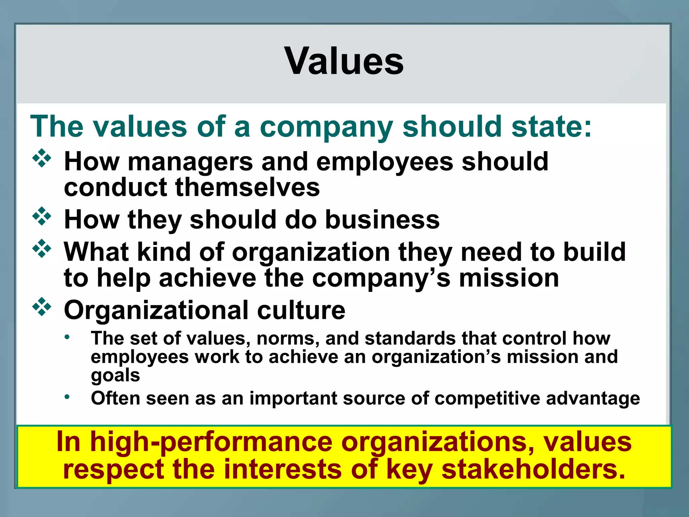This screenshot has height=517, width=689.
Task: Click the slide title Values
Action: [344, 61]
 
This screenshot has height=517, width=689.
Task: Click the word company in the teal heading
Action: [326, 127]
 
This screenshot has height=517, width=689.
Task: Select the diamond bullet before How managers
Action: [42, 158]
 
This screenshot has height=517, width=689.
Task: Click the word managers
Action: [190, 162]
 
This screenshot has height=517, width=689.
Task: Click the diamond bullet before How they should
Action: [42, 216]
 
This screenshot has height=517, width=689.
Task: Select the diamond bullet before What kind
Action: [42, 248]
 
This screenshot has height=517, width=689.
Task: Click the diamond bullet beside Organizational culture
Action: [42, 307]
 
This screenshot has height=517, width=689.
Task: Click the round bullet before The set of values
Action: [67, 337]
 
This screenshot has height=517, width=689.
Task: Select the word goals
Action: [115, 375]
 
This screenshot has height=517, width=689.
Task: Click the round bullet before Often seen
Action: [67, 397]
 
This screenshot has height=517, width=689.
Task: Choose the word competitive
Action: [487, 399]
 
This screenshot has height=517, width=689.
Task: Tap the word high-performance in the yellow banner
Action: [211, 442]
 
